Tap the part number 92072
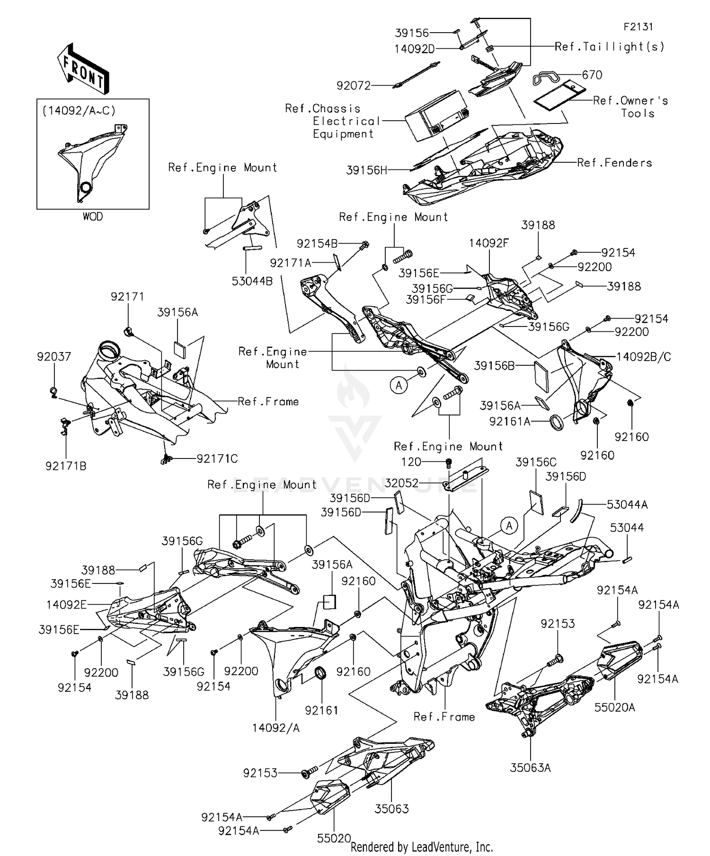coord(353,86)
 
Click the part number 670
coord(592,75)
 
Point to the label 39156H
coord(366,170)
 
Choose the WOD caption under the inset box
coord(92,217)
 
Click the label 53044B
coord(252,282)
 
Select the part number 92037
coord(54,357)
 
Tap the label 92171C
coord(217,459)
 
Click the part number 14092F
coord(488,243)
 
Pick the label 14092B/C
coord(643,357)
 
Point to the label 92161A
coord(510,421)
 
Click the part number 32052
coord(401,483)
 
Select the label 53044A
coord(627,505)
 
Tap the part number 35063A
coord(530,768)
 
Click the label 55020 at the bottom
coord(334,838)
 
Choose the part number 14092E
coord(66,605)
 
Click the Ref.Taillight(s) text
coord(609,47)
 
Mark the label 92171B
coord(66,466)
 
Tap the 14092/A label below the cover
coord(275,728)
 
